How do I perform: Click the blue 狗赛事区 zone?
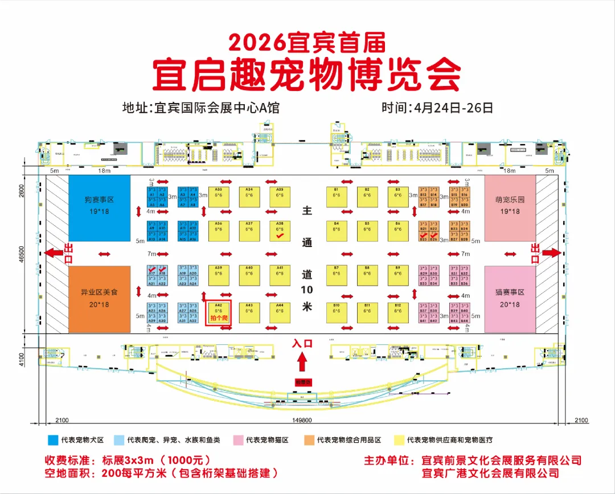pos(100,207)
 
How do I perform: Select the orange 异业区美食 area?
pos(100,299)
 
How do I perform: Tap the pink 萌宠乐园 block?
pos(510,207)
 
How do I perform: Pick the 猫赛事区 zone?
pos(510,299)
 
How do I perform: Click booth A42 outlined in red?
pos(219,312)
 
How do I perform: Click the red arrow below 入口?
pos(302,361)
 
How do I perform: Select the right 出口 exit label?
pos(535,254)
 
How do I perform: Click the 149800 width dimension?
pos(302,420)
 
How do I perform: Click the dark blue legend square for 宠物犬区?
pos(53,440)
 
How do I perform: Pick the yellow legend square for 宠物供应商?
pos(399,440)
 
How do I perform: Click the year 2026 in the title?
pos(256,42)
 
